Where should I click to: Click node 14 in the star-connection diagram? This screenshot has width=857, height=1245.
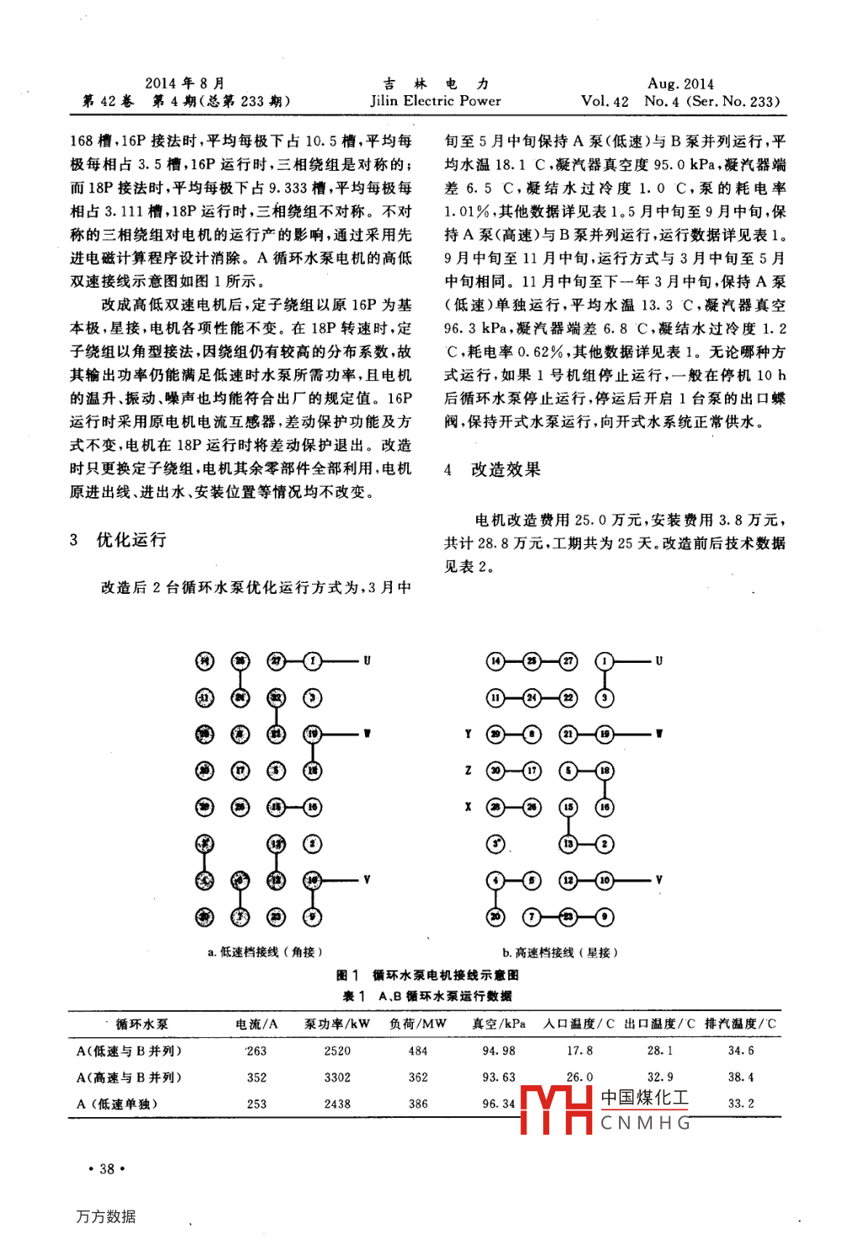(x=496, y=661)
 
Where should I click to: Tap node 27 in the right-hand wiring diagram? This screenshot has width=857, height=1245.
(x=569, y=661)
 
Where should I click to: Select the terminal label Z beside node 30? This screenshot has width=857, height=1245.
(x=468, y=771)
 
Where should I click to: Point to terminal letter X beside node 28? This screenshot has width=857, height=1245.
(x=468, y=807)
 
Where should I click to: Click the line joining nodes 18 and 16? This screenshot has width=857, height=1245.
(x=605, y=789)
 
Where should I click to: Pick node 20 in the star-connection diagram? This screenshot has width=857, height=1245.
(x=496, y=916)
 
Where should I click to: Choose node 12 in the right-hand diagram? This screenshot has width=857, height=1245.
(x=569, y=880)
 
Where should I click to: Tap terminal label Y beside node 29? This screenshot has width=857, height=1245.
(x=468, y=734)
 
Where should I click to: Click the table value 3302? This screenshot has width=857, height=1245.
(x=337, y=1078)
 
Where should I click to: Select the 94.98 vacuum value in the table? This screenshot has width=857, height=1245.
(x=499, y=1051)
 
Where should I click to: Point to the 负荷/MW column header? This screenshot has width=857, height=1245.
(x=418, y=1024)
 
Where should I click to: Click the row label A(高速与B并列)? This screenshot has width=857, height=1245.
(x=129, y=1078)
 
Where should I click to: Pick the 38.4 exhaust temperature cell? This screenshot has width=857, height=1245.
(x=741, y=1078)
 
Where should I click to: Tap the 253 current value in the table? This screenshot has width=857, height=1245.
(x=257, y=1104)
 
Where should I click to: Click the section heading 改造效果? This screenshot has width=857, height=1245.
(x=505, y=469)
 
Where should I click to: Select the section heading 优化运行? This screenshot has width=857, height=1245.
(x=131, y=539)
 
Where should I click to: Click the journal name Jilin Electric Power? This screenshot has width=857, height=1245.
(x=436, y=101)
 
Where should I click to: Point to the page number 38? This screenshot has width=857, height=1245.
(x=107, y=1168)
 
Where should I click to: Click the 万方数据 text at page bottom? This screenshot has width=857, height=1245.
(x=106, y=1216)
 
